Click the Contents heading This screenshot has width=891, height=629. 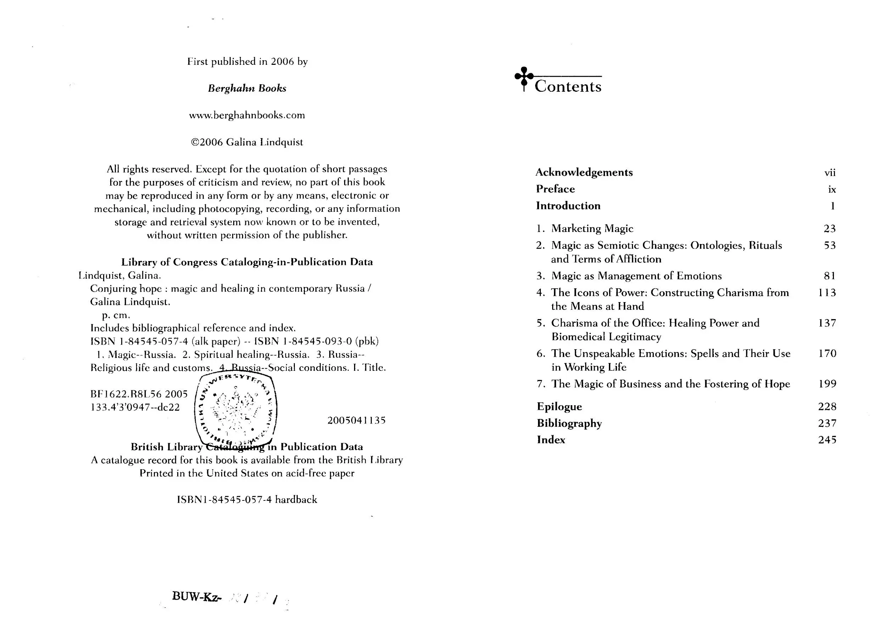tap(568, 86)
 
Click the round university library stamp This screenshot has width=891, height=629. tap(236, 410)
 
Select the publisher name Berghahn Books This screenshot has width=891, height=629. tap(247, 89)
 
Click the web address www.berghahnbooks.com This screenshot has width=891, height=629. tap(247, 115)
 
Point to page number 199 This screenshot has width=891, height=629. tap(827, 384)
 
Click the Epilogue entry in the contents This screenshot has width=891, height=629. tap(559, 407)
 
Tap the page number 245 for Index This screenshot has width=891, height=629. tap(827, 440)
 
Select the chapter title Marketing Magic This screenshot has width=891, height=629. tap(592, 228)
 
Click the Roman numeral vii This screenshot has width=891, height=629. tap(830, 172)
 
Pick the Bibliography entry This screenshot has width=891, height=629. tap(569, 423)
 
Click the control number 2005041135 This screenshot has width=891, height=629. tap(356, 420)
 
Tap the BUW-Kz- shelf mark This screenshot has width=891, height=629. tap(196, 596)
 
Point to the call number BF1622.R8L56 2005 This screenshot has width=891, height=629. tap(139, 394)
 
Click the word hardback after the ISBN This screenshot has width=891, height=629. tap(296, 499)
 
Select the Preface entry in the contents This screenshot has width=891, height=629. tap(555, 189)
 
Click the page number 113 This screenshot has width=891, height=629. tap(827, 293)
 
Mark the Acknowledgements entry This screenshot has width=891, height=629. tap(584, 172)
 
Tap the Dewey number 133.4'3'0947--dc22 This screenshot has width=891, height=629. tap(135, 407)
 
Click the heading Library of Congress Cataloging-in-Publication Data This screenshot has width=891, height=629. tap(247, 262)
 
